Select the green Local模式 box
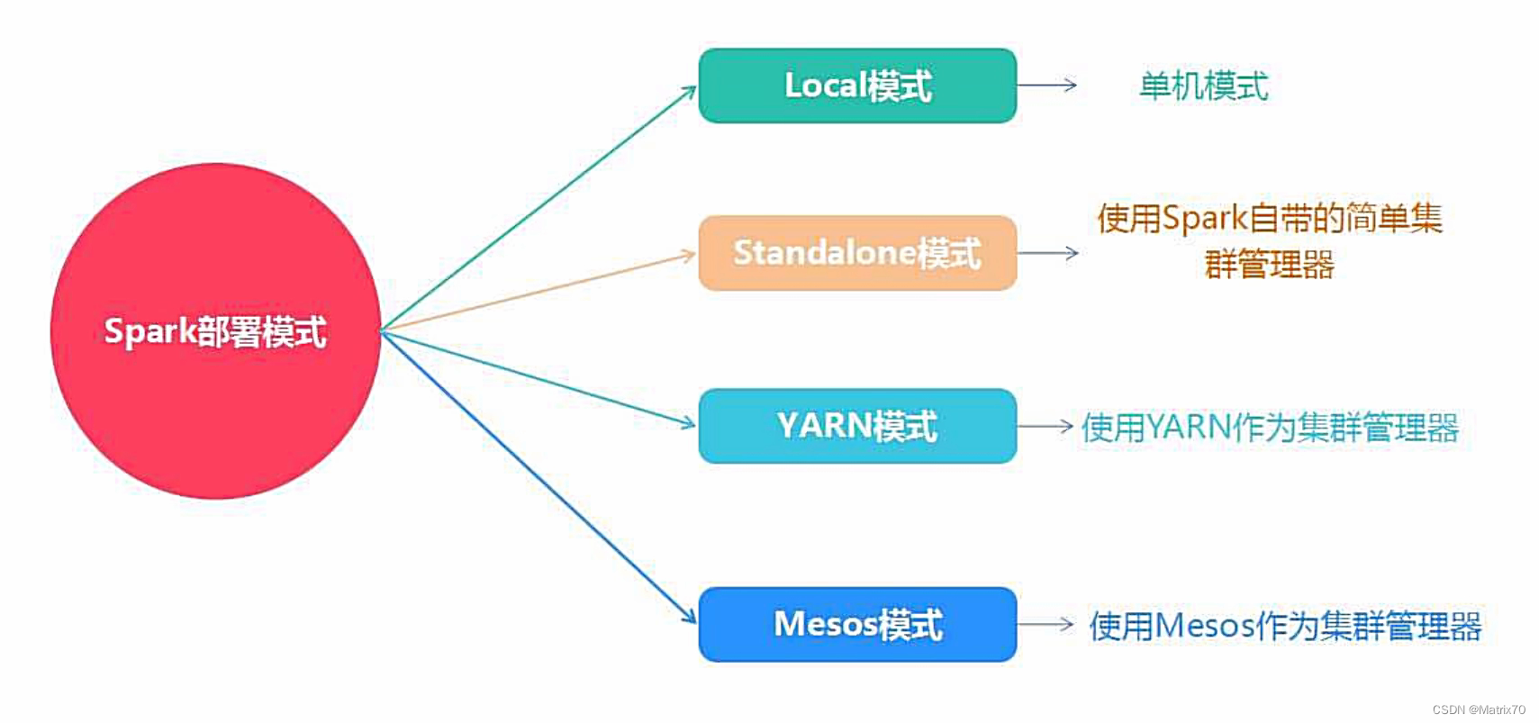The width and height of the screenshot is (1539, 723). [x=856, y=86]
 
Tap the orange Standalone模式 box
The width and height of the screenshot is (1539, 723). [x=856, y=253]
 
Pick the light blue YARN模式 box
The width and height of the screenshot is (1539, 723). [x=856, y=426]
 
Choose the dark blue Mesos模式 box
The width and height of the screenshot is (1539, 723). [x=856, y=624]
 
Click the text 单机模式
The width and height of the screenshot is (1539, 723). [x=1203, y=86]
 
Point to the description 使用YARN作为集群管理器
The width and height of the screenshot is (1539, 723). [x=1269, y=428]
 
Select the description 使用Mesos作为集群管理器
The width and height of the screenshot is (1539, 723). [x=1285, y=626]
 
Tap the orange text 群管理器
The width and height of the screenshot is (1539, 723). [x=1269, y=266]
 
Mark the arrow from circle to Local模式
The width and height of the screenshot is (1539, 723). [x=540, y=207]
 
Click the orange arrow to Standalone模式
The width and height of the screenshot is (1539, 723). [x=540, y=292]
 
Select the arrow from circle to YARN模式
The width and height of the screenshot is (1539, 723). [x=540, y=378]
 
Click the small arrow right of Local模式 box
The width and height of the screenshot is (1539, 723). [x=1047, y=86]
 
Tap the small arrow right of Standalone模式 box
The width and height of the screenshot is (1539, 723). [x=1047, y=253]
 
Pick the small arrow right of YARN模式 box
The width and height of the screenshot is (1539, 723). [x=1045, y=426]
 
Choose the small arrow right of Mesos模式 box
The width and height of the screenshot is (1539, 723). [x=1045, y=624]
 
